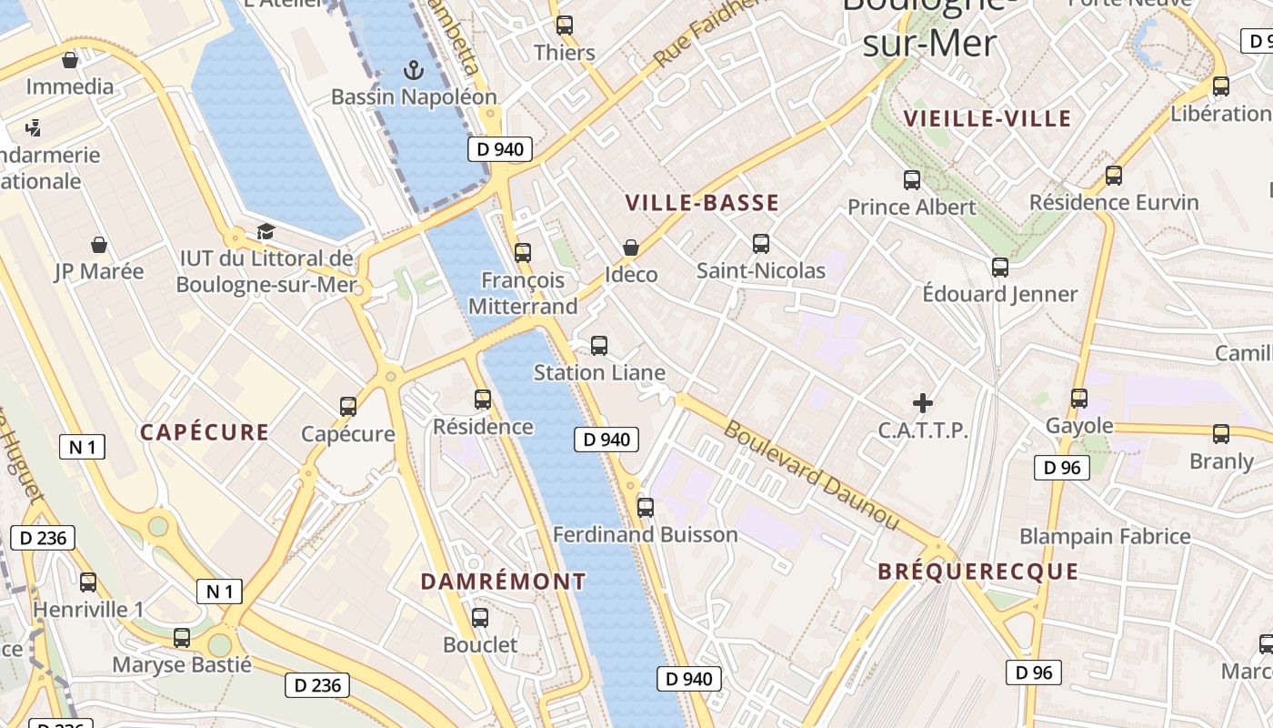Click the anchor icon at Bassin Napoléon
point(414,69)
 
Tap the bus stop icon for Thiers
point(565,25)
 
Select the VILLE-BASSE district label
point(703,203)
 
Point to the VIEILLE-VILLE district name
point(987,118)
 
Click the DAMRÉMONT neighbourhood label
point(504,581)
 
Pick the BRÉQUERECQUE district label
point(977,572)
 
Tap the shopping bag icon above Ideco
point(631,248)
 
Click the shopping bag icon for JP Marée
point(99,245)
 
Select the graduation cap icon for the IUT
point(266,232)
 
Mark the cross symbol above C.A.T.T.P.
point(923,402)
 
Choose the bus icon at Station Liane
point(599,346)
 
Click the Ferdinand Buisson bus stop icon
point(646,508)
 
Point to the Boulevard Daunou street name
point(811,475)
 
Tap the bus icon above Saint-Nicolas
point(761,244)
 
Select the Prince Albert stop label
point(911,207)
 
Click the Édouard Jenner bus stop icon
point(1000,268)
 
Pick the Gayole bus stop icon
point(1079,399)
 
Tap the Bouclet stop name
point(480,645)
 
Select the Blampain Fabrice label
point(1105,536)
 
